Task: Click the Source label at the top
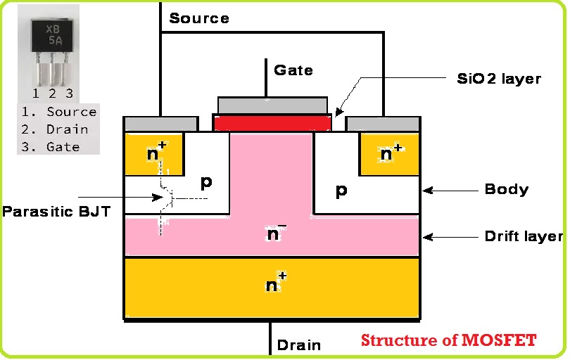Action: point(199,18)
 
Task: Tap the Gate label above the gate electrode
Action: point(293,70)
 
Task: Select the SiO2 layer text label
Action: point(498,78)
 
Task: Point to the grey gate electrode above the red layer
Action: point(272,105)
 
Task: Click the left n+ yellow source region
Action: point(153,154)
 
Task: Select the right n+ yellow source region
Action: point(389,154)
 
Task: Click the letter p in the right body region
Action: point(341,191)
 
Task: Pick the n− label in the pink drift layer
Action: point(275,233)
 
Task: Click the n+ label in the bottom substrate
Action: point(275,284)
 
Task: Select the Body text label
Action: point(506,189)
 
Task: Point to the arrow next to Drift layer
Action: point(450,237)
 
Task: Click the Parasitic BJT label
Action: point(56,211)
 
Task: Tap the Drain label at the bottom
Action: point(298,345)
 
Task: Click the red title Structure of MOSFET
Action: point(448,341)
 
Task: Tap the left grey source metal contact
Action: point(160,124)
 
